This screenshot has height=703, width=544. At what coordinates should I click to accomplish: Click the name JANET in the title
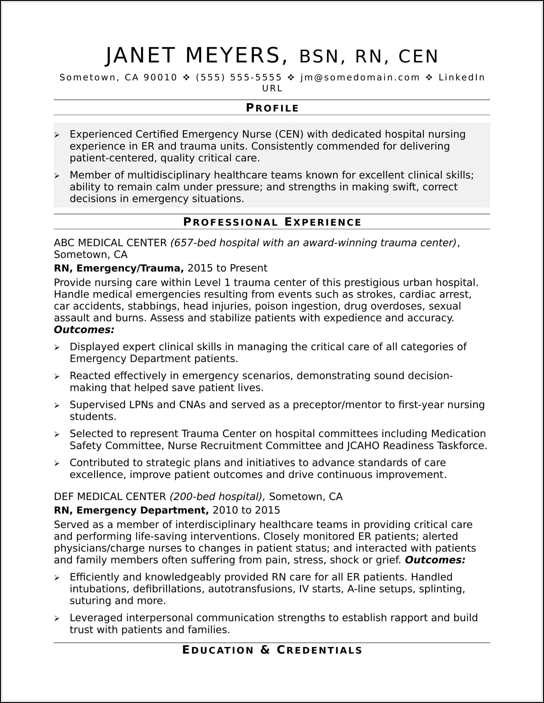coord(140,55)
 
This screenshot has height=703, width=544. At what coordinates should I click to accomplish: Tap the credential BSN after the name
coord(319,57)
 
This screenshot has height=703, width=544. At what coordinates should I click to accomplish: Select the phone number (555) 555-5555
coord(238,78)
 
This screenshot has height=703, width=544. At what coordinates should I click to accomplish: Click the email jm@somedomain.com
coord(360,78)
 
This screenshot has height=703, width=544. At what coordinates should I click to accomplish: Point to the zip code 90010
coord(160,78)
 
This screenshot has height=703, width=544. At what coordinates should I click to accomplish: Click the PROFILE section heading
coord(272,108)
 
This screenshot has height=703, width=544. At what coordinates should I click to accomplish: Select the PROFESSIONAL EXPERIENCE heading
coord(272,222)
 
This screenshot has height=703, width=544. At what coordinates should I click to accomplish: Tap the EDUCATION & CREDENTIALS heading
coord(272,650)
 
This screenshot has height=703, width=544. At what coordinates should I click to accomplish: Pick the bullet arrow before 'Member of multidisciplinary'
coord(57,176)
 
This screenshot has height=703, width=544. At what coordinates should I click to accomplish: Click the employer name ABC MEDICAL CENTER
coord(110,243)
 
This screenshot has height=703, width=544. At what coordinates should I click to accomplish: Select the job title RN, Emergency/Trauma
coord(119,268)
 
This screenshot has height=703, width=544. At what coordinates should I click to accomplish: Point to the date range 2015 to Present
coord(227,268)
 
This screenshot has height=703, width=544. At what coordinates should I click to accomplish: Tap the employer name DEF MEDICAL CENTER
coord(110,497)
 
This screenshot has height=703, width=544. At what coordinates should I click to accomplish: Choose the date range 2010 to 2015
coord(246,510)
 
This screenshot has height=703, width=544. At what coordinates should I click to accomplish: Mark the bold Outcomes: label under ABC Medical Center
coord(84,330)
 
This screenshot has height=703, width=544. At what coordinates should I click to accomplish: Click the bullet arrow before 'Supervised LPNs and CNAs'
coord(57,405)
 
